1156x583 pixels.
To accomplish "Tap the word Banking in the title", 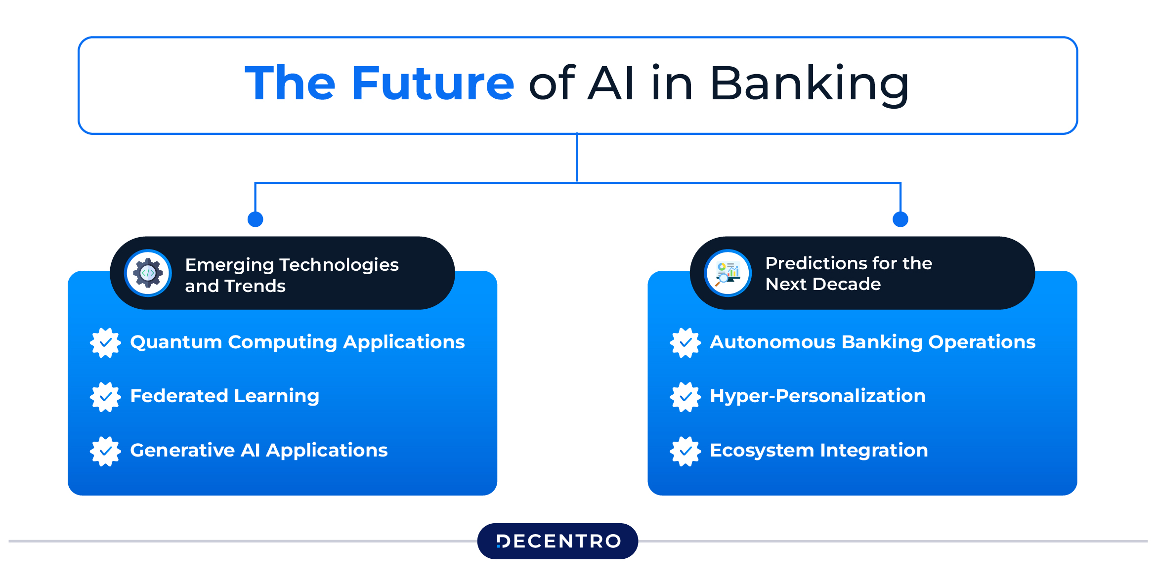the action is pyautogui.click(x=809, y=85).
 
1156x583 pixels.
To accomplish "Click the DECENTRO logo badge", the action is pyautogui.click(x=557, y=541).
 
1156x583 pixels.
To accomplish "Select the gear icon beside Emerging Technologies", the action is pyautogui.click(x=148, y=273).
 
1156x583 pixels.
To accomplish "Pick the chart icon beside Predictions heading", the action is pyautogui.click(x=728, y=273).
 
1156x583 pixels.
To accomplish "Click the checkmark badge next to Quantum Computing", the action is pyautogui.click(x=105, y=342).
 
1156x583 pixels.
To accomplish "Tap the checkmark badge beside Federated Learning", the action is pyautogui.click(x=105, y=397).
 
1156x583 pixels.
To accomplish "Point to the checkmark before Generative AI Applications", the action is pyautogui.click(x=105, y=451).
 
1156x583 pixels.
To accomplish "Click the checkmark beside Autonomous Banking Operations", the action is pyautogui.click(x=685, y=342).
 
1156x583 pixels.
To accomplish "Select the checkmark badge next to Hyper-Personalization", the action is pyautogui.click(x=685, y=397).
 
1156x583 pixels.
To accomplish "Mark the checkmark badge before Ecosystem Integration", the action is pyautogui.click(x=685, y=451).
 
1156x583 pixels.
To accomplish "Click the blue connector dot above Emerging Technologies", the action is pyautogui.click(x=255, y=219).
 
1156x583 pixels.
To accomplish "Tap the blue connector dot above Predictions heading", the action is pyautogui.click(x=900, y=219).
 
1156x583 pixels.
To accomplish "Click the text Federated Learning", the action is pyautogui.click(x=225, y=396).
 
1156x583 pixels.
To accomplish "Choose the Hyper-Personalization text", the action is pyautogui.click(x=817, y=396).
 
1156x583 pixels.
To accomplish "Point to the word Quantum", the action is pyautogui.click(x=176, y=342).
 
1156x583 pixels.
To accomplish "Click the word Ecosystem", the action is pyautogui.click(x=762, y=451).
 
